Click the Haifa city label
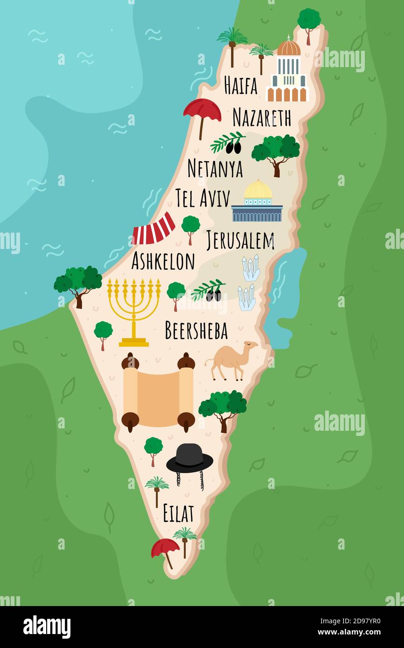[240, 85]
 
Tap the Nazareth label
[261, 117]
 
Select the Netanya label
[215, 168]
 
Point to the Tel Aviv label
[202, 198]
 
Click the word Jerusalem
[240, 241]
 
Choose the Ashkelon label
[163, 261]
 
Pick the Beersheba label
[196, 331]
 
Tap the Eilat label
[178, 513]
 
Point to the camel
[231, 359]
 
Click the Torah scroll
[158, 392]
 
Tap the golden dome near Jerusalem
[258, 190]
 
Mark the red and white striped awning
[153, 229]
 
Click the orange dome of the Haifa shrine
[288, 47]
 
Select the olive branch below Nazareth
[227, 142]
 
